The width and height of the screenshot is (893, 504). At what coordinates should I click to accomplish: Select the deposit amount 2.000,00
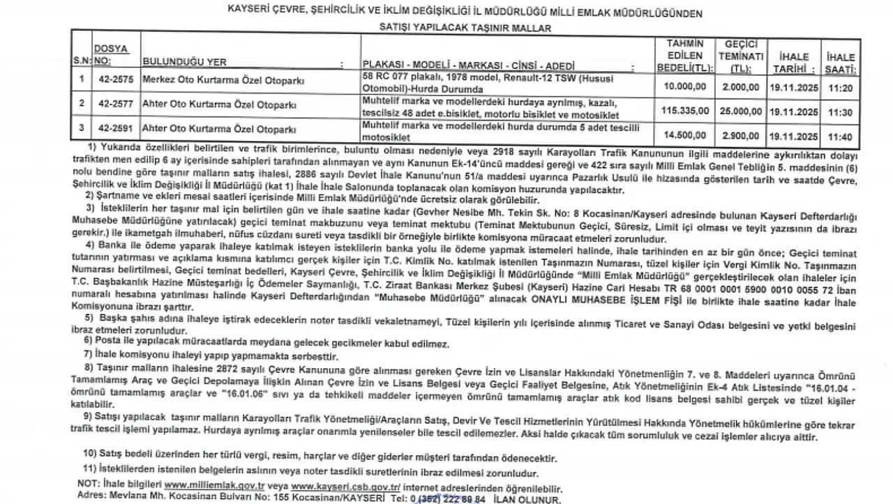pos(741,86)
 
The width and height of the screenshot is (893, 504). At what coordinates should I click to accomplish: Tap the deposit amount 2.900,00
pos(741,135)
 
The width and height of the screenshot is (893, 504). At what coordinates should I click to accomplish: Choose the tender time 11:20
pos(840,87)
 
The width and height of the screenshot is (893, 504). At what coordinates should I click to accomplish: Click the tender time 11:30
pos(840,112)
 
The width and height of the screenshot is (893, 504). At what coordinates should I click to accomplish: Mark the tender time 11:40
pos(840,136)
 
